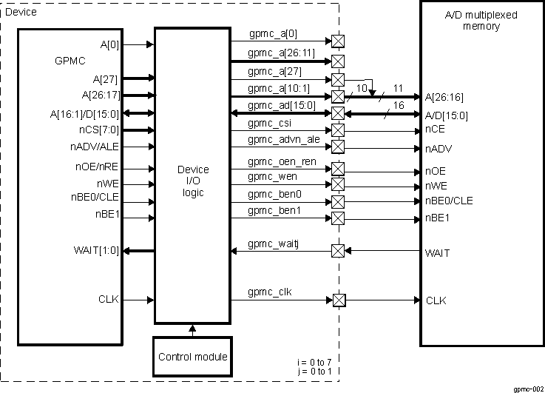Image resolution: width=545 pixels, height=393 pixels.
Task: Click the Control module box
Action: tap(192, 357)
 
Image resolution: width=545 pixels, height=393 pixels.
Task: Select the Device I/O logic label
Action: tap(192, 181)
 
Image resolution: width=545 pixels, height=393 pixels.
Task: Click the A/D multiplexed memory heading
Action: tap(482, 20)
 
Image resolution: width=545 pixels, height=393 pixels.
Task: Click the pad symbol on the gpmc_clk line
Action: tap(339, 300)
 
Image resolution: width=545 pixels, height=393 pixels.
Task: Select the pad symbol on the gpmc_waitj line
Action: tap(337, 251)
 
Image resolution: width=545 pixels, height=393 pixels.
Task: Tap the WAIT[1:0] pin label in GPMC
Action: tap(97, 251)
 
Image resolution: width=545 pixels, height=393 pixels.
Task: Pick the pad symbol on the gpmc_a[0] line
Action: tap(338, 41)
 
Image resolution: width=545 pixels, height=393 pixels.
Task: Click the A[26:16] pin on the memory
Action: tap(446, 97)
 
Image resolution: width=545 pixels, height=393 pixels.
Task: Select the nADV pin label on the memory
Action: tap(439, 148)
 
